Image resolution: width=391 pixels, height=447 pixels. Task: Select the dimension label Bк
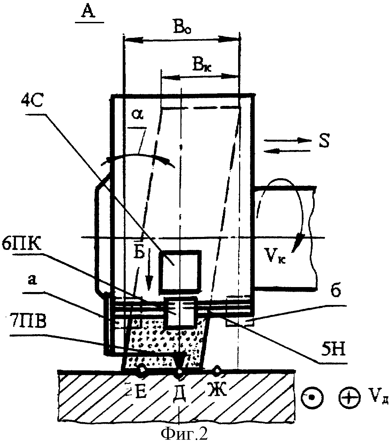point(202,64)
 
